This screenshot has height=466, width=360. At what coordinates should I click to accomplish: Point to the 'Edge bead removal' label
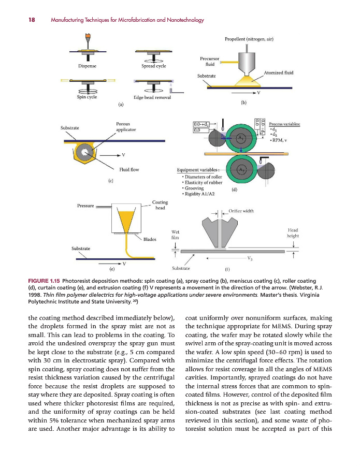tap(152, 97)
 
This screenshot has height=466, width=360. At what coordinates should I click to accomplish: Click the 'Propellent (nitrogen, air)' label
tap(249, 39)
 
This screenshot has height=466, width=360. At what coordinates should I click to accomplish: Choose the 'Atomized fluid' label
tap(279, 73)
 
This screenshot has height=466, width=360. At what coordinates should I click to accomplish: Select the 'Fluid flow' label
tap(129, 169)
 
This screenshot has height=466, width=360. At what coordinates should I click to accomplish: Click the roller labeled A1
tap(240, 138)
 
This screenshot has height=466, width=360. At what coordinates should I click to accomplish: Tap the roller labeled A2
tap(240, 169)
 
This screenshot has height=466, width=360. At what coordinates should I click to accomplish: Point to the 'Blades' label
tap(150, 239)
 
